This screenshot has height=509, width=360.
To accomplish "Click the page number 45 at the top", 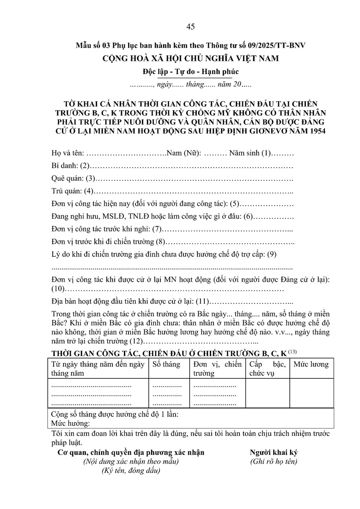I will pos(190,26).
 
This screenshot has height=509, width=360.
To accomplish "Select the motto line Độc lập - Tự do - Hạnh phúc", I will pos(190,72).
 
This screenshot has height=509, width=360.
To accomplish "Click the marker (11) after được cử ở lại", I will pos(203,302).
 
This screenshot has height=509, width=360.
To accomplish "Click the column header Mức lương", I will pos(311,364).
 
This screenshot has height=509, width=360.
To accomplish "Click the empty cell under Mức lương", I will pos(311,393).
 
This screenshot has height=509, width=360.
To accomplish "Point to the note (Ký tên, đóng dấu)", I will pos(131,471).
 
